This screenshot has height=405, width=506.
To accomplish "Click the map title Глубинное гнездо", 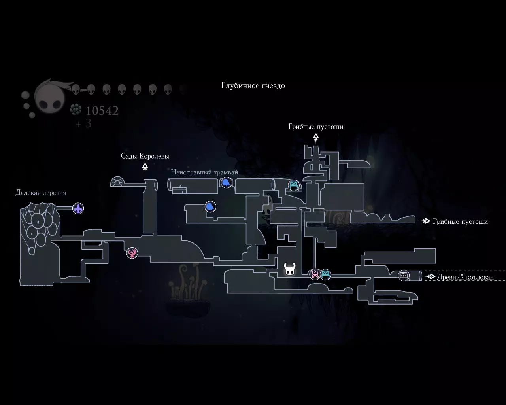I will click(253, 86).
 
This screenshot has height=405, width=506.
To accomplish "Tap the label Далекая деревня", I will click(41, 193).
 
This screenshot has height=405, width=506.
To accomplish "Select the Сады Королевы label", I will click(145, 156).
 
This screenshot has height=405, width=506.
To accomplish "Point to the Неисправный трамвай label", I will click(204, 172).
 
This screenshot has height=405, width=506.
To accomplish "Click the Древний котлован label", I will click(465, 277).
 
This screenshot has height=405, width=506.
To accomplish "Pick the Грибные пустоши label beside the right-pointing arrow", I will click(460, 221).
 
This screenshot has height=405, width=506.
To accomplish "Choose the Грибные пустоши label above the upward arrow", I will click(315, 127).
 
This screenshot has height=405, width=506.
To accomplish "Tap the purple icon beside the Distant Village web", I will click(78, 208).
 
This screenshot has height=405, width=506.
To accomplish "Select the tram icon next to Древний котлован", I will click(404, 275).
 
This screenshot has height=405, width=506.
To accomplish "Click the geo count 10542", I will click(102, 111).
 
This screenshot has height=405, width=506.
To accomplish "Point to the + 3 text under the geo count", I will click(83, 124).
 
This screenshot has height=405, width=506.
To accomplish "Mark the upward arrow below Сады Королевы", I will click(145, 168).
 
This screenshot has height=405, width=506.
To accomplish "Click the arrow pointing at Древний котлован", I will click(430, 277).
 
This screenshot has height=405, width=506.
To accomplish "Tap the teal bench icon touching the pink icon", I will click(325, 274).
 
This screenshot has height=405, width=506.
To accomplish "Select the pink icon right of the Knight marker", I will click(315, 274).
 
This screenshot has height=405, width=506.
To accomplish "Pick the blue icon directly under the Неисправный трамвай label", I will click(226, 183).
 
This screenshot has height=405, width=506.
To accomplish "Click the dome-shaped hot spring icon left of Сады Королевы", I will click(118, 182).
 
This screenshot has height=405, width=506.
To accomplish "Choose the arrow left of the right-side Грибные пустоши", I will click(425, 221).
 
